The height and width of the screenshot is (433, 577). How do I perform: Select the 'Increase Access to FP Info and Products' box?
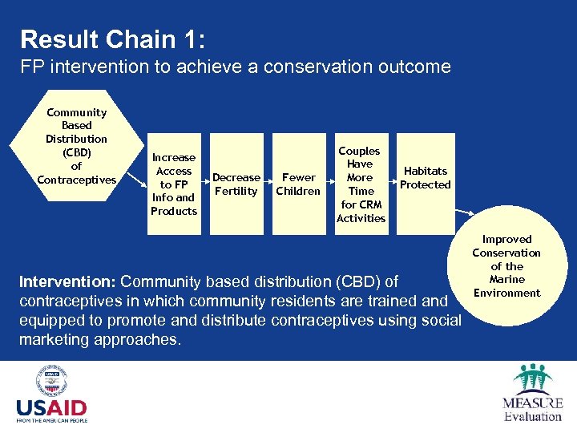[174, 184]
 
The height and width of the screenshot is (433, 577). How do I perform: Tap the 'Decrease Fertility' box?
[236, 184]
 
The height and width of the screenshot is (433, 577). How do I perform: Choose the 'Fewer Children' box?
[298, 184]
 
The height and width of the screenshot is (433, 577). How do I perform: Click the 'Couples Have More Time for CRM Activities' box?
[361, 184]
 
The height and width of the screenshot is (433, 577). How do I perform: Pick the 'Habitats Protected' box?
[426, 178]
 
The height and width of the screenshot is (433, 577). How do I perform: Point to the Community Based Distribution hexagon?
[76, 146]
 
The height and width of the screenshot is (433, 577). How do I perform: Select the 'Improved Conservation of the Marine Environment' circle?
[506, 266]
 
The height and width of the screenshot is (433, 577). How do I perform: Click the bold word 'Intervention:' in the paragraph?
[68, 282]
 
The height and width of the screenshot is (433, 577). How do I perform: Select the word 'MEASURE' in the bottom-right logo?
[533, 403]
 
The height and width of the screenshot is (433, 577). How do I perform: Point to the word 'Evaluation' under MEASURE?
[533, 416]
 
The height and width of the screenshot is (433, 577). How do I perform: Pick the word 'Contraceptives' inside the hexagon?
[76, 180]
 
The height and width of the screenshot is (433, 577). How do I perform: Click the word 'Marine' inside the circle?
[506, 279]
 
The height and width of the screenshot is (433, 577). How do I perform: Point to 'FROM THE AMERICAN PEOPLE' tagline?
[51, 419]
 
